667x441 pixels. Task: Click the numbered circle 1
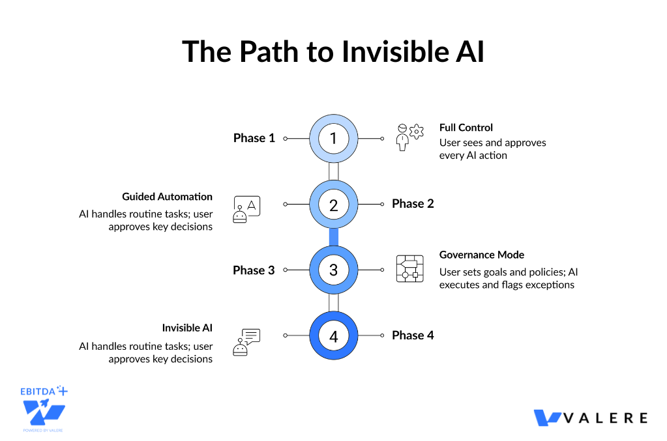coord(333,138)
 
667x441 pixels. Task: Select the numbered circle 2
coord(333,205)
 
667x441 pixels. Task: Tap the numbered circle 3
coord(333,270)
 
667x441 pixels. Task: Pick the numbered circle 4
coord(333,336)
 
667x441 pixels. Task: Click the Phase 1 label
coord(254,138)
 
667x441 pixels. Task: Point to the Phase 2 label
coord(413,204)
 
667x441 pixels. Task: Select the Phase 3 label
coord(254,270)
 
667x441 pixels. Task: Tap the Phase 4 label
coord(413,335)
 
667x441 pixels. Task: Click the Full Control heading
coord(466,128)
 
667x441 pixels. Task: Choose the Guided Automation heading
coord(167,196)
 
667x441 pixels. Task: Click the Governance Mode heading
coord(481,255)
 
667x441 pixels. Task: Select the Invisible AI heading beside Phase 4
coord(187,328)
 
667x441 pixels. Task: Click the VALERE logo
coord(590,418)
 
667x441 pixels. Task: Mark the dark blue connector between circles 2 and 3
coord(333,237)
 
